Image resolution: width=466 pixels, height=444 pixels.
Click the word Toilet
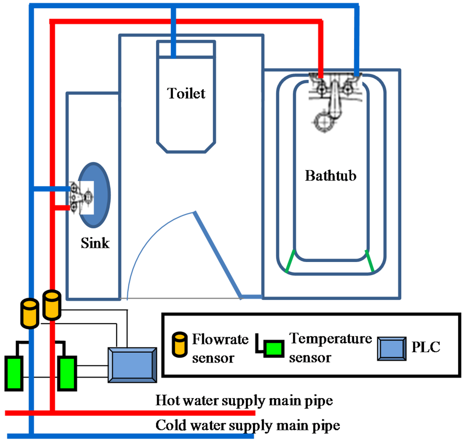tap(186, 93)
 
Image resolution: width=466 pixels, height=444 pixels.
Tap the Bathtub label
tap(330, 176)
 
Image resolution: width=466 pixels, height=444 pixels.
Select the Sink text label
tap(95, 242)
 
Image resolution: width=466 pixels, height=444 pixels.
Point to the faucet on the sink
tap(81, 197)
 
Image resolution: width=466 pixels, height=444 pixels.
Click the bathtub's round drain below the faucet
tap(324, 121)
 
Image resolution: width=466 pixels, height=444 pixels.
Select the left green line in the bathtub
tap(290, 262)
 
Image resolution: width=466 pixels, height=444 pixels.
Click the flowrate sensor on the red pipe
tap(51, 305)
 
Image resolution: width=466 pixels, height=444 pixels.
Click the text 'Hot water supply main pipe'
tap(244, 401)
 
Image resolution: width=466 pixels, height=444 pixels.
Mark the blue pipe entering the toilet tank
tap(173, 32)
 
